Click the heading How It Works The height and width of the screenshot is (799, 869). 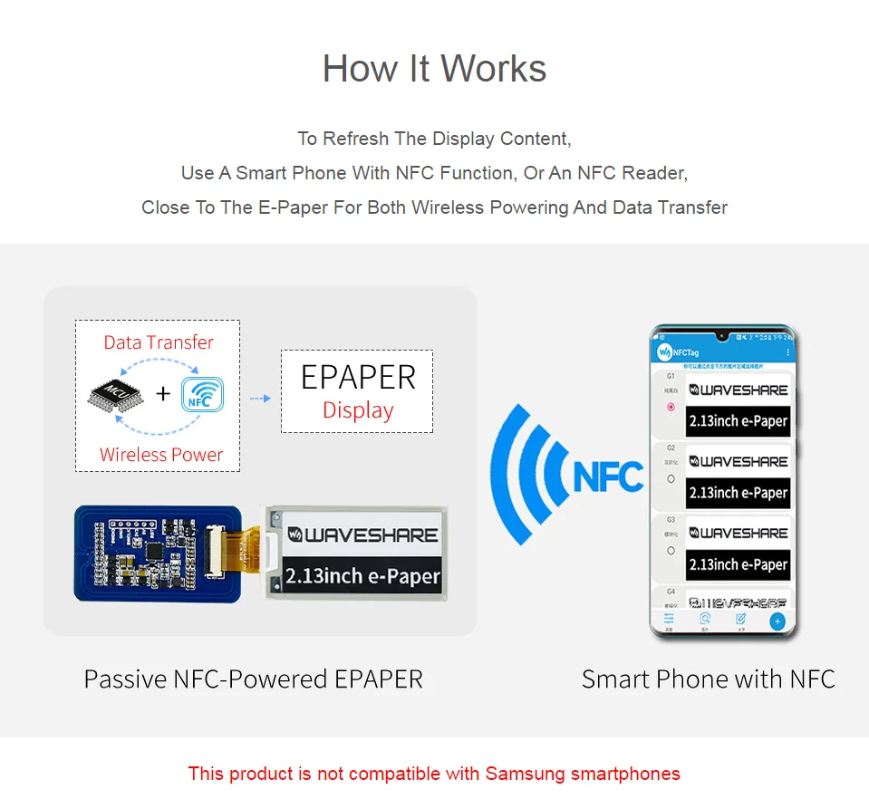pyautogui.click(x=434, y=69)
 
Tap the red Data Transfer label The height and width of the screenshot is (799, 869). pyautogui.click(x=159, y=342)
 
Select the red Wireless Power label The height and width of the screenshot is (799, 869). pyautogui.click(x=161, y=455)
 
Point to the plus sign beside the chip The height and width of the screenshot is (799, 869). pyautogui.click(x=163, y=393)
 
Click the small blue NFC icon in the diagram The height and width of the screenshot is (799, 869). pyautogui.click(x=202, y=394)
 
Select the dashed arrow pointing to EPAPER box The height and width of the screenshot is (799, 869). pyautogui.click(x=260, y=398)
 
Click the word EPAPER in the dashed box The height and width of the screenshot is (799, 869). pyautogui.click(x=358, y=377)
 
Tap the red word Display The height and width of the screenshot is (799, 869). pyautogui.click(x=358, y=410)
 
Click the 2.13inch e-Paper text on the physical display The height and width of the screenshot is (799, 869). pyautogui.click(x=362, y=575)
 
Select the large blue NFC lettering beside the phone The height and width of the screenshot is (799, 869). pyautogui.click(x=608, y=476)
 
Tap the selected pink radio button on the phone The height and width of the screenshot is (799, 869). pyautogui.click(x=671, y=408)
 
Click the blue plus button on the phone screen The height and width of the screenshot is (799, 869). pyautogui.click(x=777, y=621)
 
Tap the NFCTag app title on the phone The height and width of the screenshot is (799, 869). pyautogui.click(x=686, y=351)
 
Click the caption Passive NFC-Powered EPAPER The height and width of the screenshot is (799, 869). pyautogui.click(x=253, y=679)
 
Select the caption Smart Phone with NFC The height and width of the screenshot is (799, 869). pyautogui.click(x=708, y=679)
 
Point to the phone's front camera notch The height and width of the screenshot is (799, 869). pyautogui.click(x=722, y=334)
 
